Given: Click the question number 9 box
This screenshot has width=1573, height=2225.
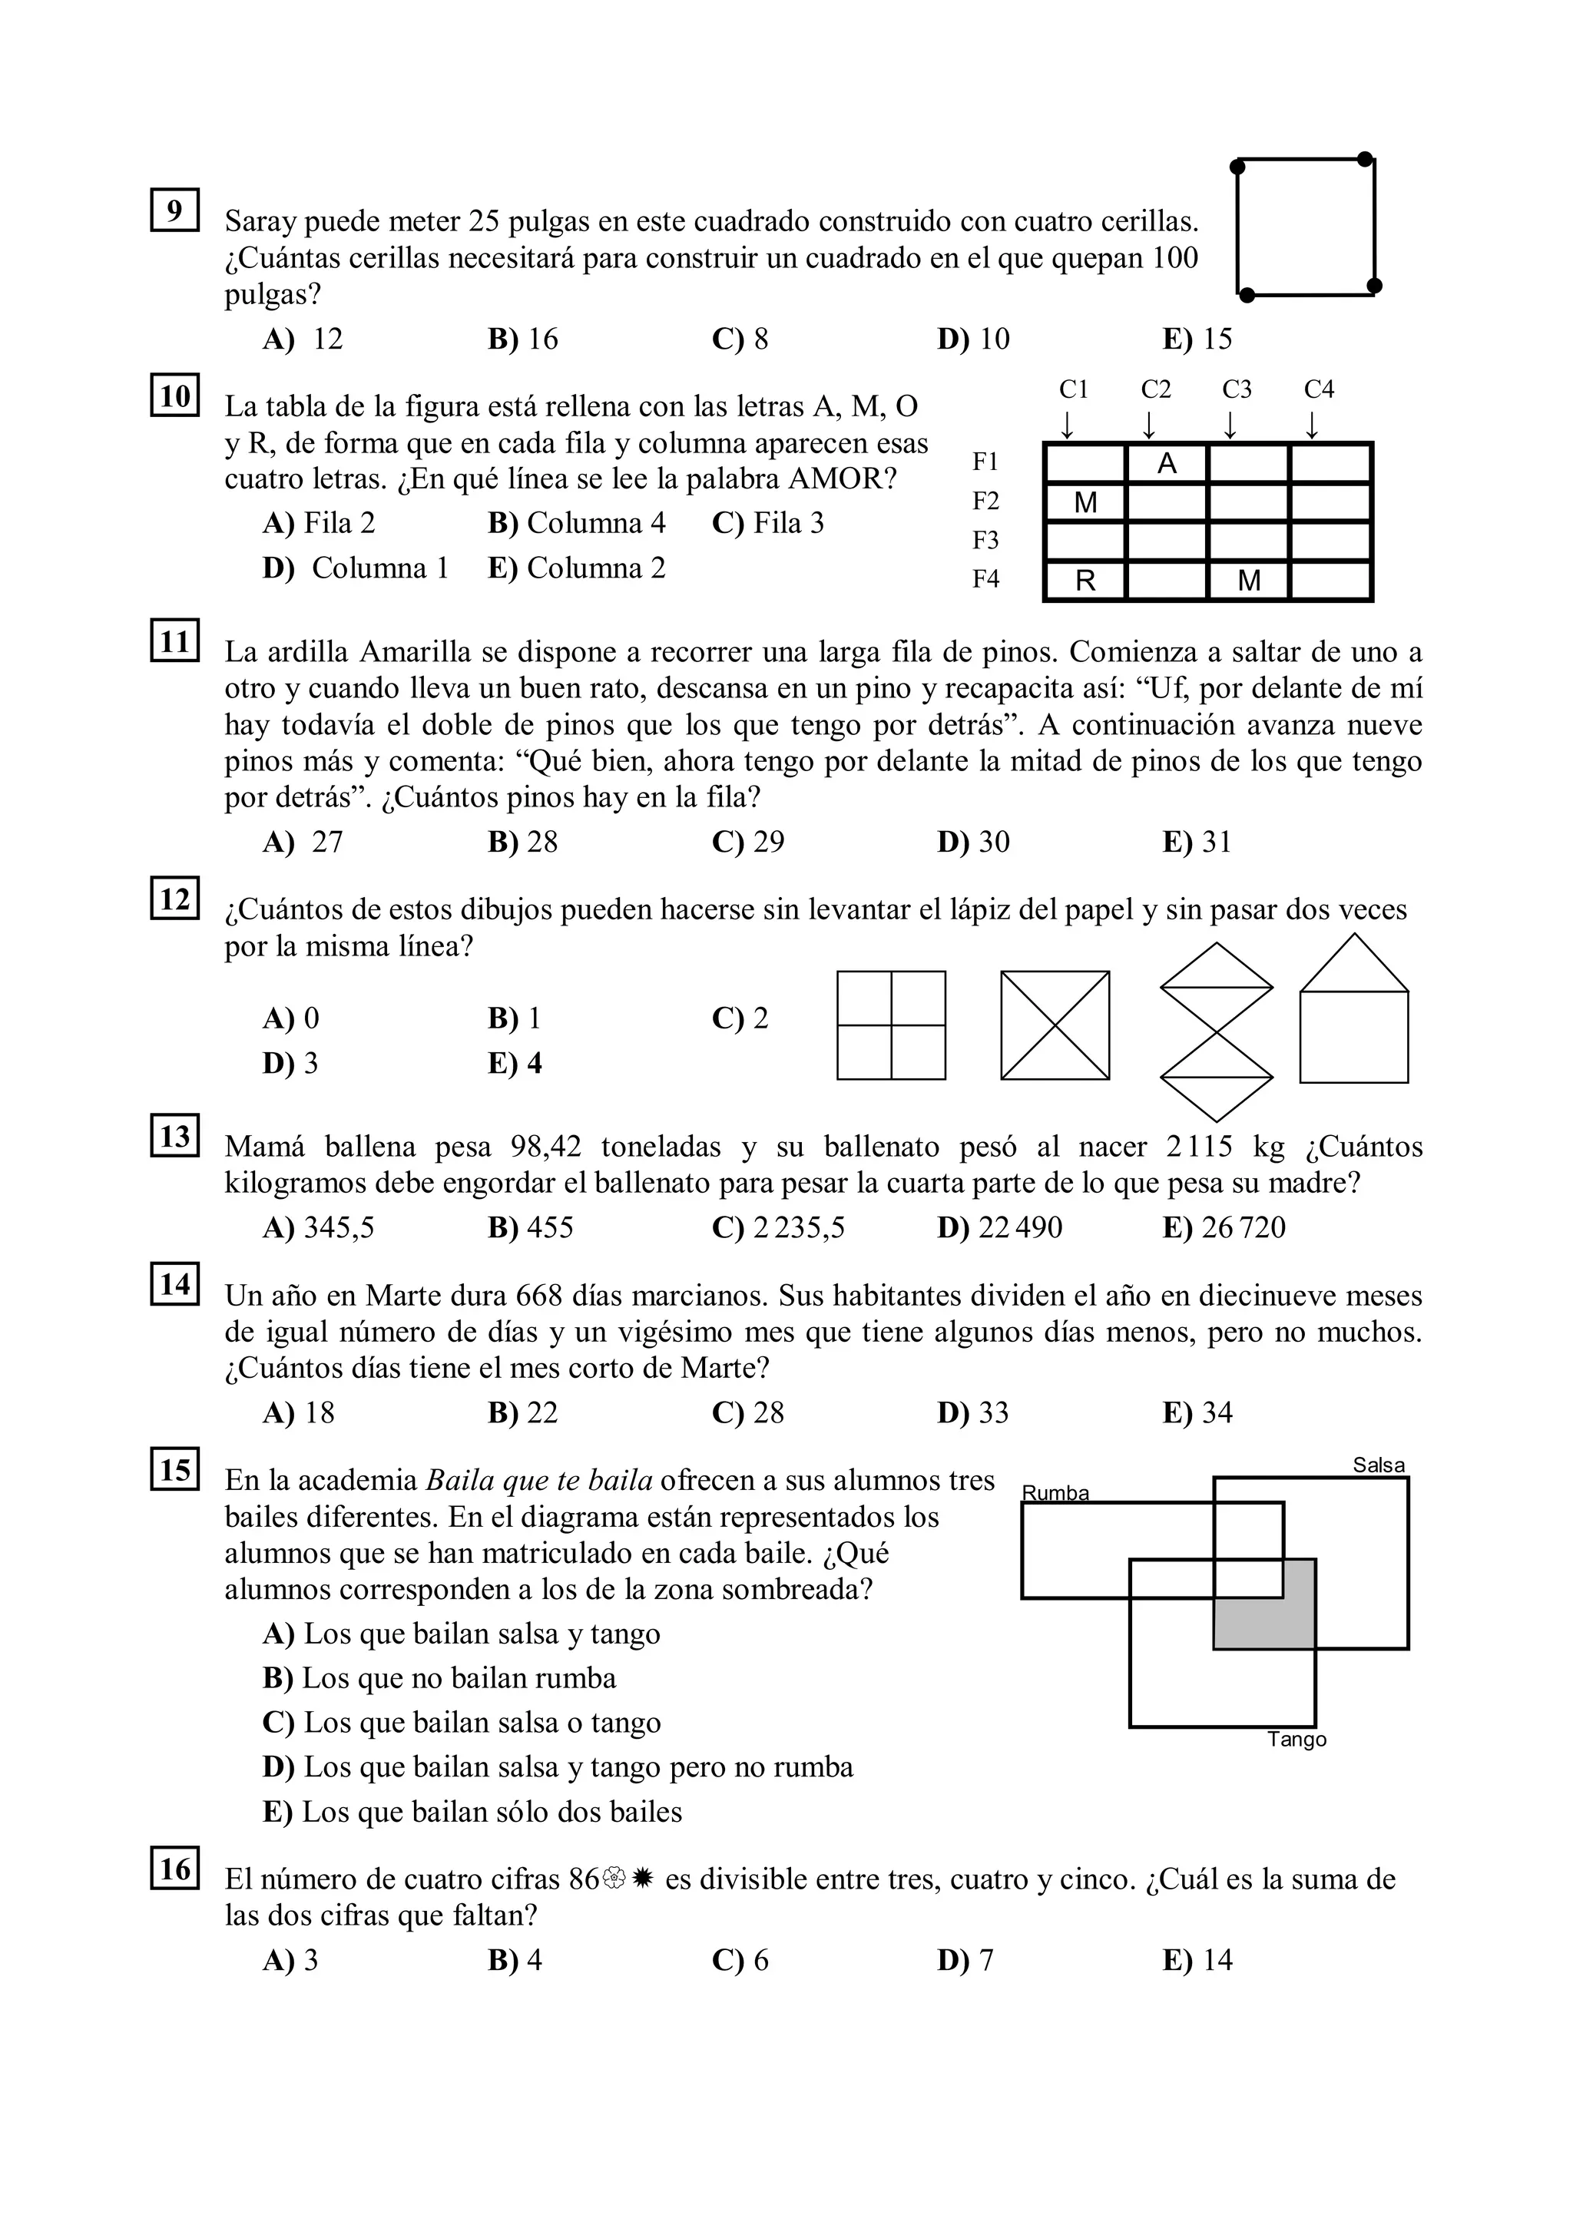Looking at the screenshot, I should coord(174,210).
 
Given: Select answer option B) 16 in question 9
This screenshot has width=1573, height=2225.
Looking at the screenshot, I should coord(523,339).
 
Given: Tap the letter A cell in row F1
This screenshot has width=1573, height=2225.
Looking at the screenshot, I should coord(1167,464).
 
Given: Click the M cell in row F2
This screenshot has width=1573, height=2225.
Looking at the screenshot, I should coord(1085,503).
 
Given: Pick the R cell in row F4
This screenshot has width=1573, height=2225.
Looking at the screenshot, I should coord(1085,581).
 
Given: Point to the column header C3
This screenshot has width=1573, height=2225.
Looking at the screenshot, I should coord(1237,389).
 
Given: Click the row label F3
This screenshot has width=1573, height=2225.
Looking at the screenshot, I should coord(985,540).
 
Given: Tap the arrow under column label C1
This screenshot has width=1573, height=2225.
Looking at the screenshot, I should coord(1067,425).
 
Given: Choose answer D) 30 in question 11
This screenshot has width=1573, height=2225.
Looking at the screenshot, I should coord(973,842).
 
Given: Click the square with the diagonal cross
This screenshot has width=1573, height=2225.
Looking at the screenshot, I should coord(1055,1025).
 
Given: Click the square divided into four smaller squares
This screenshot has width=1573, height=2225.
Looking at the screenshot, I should coord(891,1025).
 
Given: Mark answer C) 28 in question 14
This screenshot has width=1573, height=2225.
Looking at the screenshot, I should coord(747,1413).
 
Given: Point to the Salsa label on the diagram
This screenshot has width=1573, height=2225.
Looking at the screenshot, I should coord(1378,1465).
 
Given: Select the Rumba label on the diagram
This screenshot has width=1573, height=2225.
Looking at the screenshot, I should coord(1055,1493).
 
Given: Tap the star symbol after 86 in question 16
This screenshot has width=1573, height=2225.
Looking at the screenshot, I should coord(643,1880).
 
